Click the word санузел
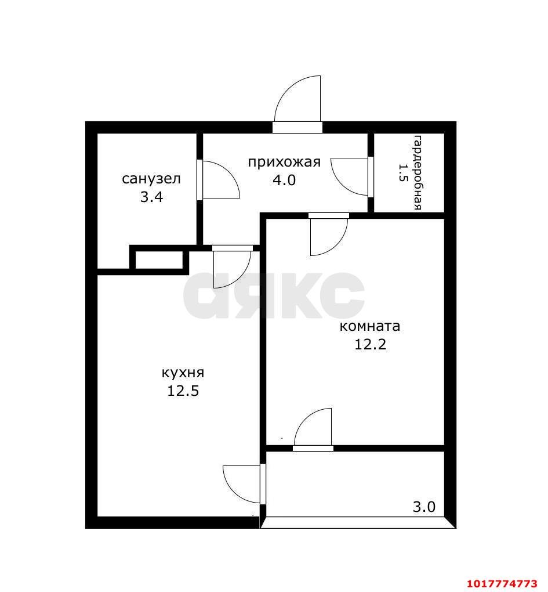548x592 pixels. (151, 179)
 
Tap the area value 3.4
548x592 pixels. (151, 197)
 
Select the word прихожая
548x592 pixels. (284, 163)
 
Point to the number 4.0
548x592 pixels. (284, 180)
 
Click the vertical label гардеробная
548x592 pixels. (418, 172)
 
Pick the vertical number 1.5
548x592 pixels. (402, 172)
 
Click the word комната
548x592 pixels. (369, 326)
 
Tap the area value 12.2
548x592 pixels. (371, 344)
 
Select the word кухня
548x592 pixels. (183, 373)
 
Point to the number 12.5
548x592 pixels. (183, 391)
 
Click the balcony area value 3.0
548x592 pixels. (424, 507)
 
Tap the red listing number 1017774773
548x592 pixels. (502, 584)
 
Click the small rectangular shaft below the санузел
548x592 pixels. (159, 260)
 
